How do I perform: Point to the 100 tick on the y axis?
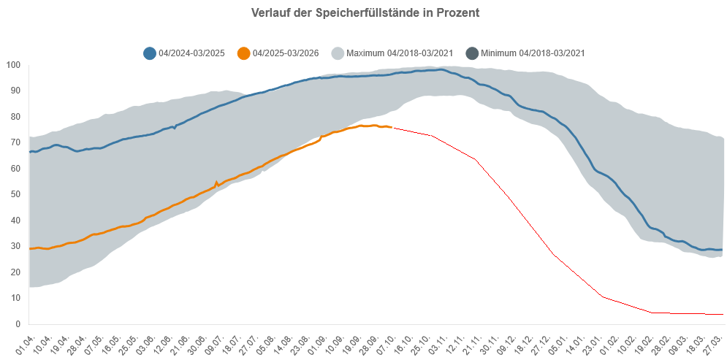pyautogui.click(x=12, y=65)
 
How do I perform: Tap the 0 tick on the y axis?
pyautogui.click(x=17, y=323)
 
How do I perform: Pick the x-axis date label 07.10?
pyautogui.click(x=386, y=340)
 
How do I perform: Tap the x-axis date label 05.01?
pyautogui.click(x=557, y=340)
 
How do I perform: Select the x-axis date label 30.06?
pyautogui.click(x=197, y=340)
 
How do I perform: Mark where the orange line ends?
pyautogui.click(x=392, y=128)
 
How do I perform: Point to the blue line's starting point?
pyautogui.click(x=29, y=151)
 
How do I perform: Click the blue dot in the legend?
pyautogui.click(x=149, y=53)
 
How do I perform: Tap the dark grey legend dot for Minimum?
pyautogui.click(x=472, y=53)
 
